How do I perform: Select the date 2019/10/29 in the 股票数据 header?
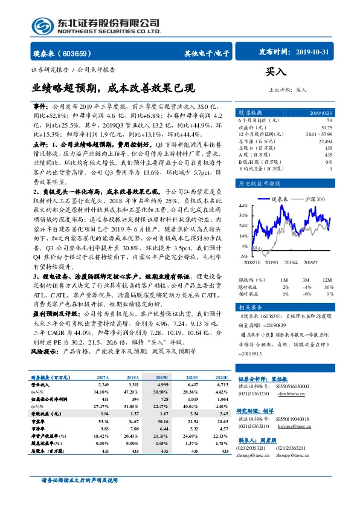pos(321,113)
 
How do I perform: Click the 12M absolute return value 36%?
pos(329,287)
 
